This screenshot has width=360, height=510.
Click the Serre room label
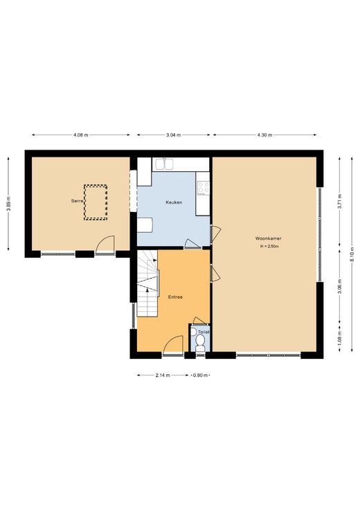pyautogui.click(x=78, y=201)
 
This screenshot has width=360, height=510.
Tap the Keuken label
pyautogui.click(x=174, y=202)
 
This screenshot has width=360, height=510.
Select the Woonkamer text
pyautogui.click(x=269, y=238)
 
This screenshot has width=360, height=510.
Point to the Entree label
pyautogui.click(x=175, y=297)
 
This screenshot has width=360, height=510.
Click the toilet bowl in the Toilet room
pyautogui.click(x=200, y=342)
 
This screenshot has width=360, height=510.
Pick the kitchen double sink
pyautogui.click(x=164, y=164)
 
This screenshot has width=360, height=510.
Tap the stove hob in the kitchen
pyautogui.click(x=204, y=188)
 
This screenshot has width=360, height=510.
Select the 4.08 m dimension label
pyautogui.click(x=81, y=134)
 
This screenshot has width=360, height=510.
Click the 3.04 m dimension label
pyautogui.click(x=174, y=134)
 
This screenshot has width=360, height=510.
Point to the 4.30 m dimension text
pyautogui.click(x=264, y=134)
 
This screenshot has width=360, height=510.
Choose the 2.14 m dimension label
pyautogui.click(x=163, y=376)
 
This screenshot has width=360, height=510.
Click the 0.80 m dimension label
pyautogui.click(x=200, y=376)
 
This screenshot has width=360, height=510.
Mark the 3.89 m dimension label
pyautogui.click(x=8, y=204)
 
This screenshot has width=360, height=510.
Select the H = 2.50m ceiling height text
pyautogui.click(x=269, y=247)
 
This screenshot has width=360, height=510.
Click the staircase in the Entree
pyautogui.click(x=147, y=283)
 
